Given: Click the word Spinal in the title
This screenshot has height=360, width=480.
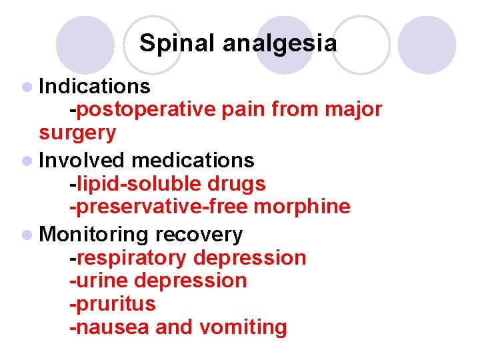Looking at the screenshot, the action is (x=177, y=44).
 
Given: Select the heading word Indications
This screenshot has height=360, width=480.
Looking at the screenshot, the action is (x=95, y=86).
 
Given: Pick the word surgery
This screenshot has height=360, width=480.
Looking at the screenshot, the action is (x=77, y=133).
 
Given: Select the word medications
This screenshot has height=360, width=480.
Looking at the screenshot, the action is (x=193, y=160).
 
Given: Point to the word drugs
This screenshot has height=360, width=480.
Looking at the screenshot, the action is (x=237, y=183).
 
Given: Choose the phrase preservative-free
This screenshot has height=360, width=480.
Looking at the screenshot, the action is (x=159, y=207).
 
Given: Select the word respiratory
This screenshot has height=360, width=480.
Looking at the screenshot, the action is (x=134, y=257).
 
